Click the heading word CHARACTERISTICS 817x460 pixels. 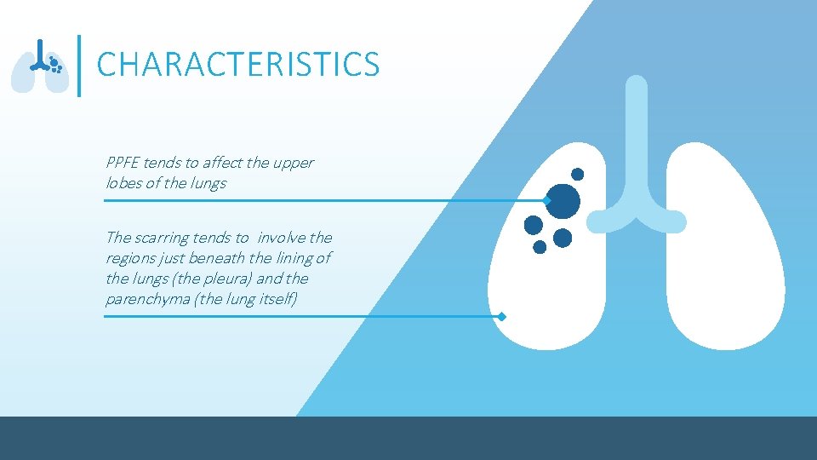coord(238,65)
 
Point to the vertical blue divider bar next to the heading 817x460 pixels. coord(80,65)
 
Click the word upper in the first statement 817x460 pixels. coord(294,163)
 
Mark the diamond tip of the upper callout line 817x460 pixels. coord(547,201)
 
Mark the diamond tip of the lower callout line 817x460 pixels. coord(502,317)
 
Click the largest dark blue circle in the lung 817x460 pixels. coord(563,202)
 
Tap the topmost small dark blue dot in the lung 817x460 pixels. coord(577,174)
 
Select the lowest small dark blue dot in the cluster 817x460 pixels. coord(540,247)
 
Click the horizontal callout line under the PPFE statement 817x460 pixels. coord(323,201)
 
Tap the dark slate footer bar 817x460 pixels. coord(408,438)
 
